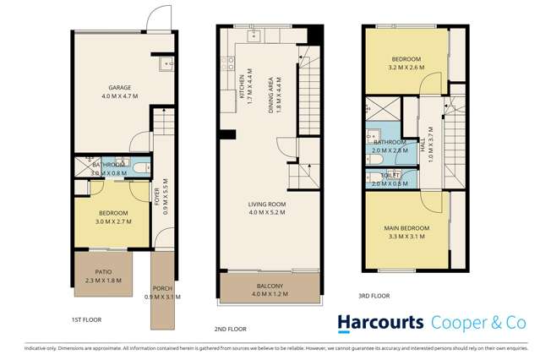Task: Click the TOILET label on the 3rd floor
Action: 390,175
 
